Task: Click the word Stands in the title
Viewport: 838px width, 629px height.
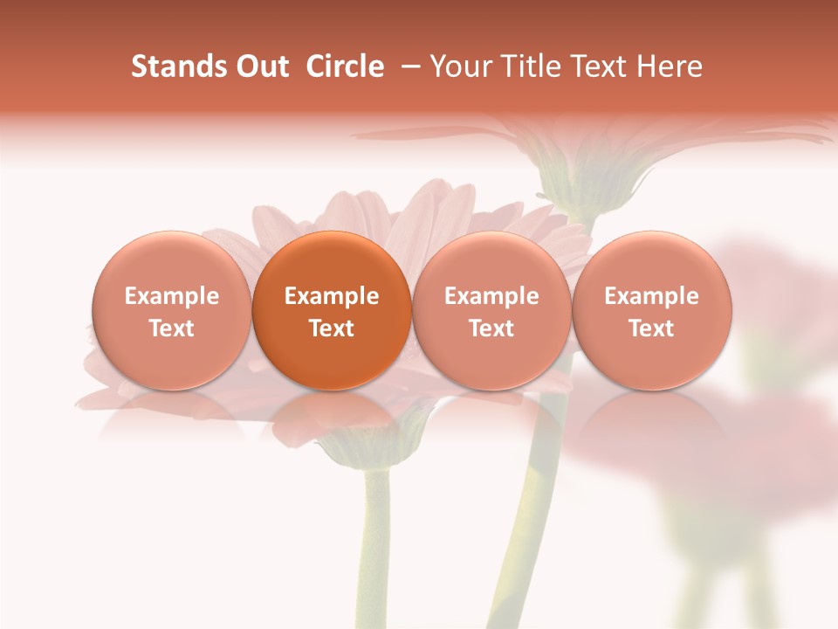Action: tap(177, 66)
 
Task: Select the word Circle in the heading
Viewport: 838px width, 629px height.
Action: tap(345, 66)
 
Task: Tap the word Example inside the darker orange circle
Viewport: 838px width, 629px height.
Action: tap(332, 296)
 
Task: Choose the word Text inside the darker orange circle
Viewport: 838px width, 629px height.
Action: tap(332, 328)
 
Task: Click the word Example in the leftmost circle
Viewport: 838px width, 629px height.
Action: tap(172, 296)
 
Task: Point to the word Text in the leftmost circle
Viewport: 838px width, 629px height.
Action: tap(172, 328)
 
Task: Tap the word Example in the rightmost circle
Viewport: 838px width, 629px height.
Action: tap(652, 296)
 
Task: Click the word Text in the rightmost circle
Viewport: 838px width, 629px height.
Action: tap(652, 328)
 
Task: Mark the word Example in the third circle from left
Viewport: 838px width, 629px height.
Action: tap(491, 296)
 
